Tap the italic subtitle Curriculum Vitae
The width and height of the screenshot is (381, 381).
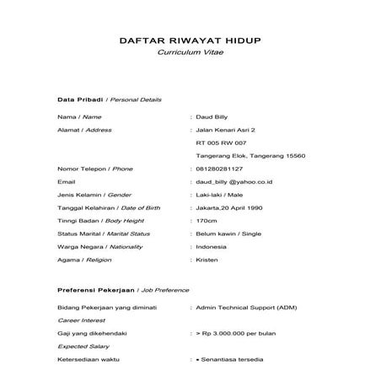coord(190,52)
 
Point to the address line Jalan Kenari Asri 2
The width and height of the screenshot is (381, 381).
coord(224,130)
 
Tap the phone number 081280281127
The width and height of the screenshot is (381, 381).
coord(224,169)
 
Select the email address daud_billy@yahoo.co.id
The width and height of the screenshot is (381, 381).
coord(233,181)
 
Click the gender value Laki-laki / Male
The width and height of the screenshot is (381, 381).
coord(221,194)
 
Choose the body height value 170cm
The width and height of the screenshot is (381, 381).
coord(206,220)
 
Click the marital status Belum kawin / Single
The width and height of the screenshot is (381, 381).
coord(228,233)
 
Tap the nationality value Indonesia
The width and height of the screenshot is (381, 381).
coord(211,245)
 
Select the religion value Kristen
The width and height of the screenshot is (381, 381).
coord(207,258)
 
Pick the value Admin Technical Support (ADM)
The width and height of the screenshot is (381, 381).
coord(244,309)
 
